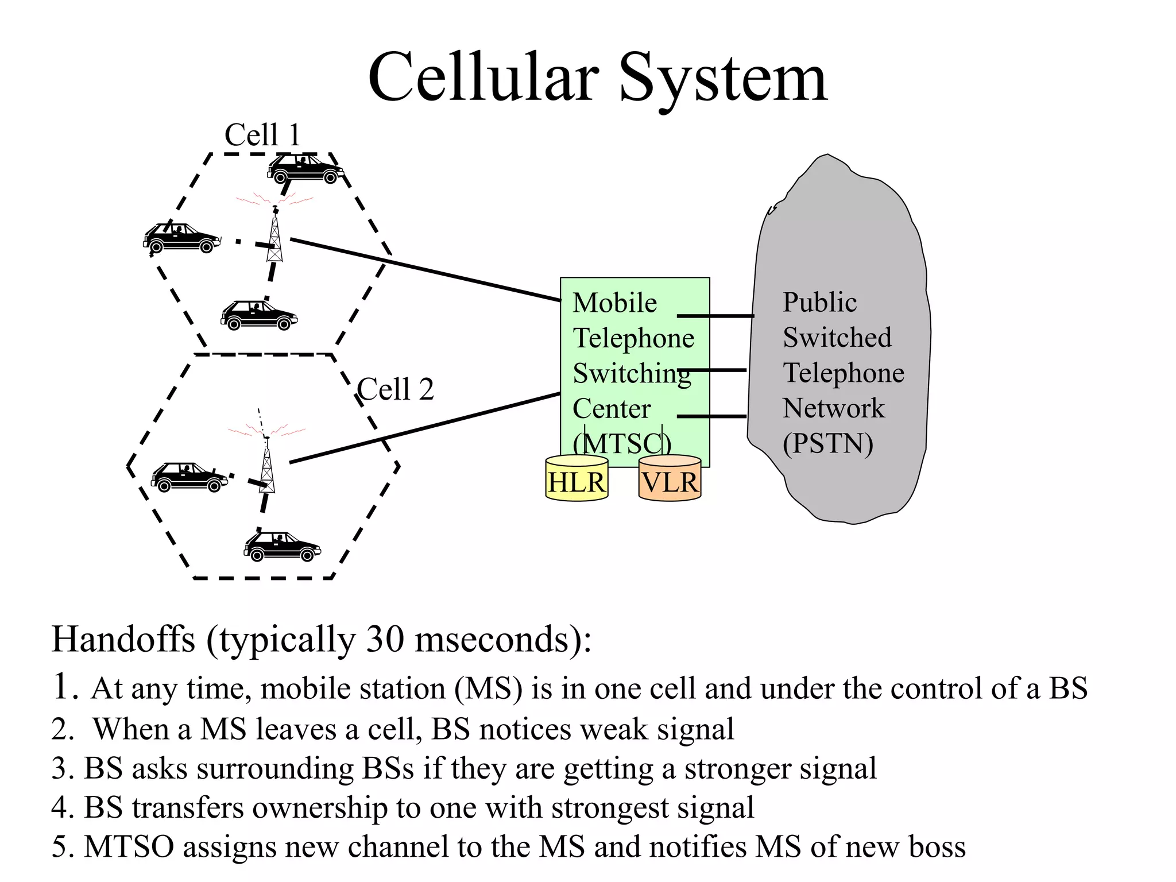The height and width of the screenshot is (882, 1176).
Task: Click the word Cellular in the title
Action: pyautogui.click(x=483, y=77)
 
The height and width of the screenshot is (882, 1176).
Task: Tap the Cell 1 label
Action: pyautogui.click(x=262, y=136)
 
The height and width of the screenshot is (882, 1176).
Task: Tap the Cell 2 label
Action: pyautogui.click(x=395, y=390)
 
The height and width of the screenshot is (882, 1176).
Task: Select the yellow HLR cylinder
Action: pyautogui.click(x=577, y=480)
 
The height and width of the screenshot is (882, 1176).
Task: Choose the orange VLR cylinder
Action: pyautogui.click(x=670, y=480)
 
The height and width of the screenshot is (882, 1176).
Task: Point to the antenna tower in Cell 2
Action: pyautogui.click(x=267, y=468)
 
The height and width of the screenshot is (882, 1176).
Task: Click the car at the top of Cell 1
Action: pyautogui.click(x=305, y=169)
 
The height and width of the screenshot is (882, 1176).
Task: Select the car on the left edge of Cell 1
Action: pyautogui.click(x=181, y=238)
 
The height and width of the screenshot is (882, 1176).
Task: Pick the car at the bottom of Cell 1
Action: pyautogui.click(x=259, y=315)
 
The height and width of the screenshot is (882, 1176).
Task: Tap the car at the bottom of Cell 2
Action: pyautogui.click(x=282, y=546)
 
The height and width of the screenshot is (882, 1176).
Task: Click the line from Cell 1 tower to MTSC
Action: pyautogui.click(x=425, y=269)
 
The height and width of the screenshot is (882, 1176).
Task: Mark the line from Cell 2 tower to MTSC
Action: pyautogui.click(x=425, y=428)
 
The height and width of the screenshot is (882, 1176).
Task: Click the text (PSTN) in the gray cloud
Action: pyautogui.click(x=827, y=444)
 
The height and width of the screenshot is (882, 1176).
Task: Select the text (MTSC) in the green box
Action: pyautogui.click(x=622, y=444)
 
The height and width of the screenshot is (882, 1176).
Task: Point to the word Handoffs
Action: pyautogui.click(x=123, y=640)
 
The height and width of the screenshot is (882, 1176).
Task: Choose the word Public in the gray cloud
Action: pyautogui.click(x=819, y=303)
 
